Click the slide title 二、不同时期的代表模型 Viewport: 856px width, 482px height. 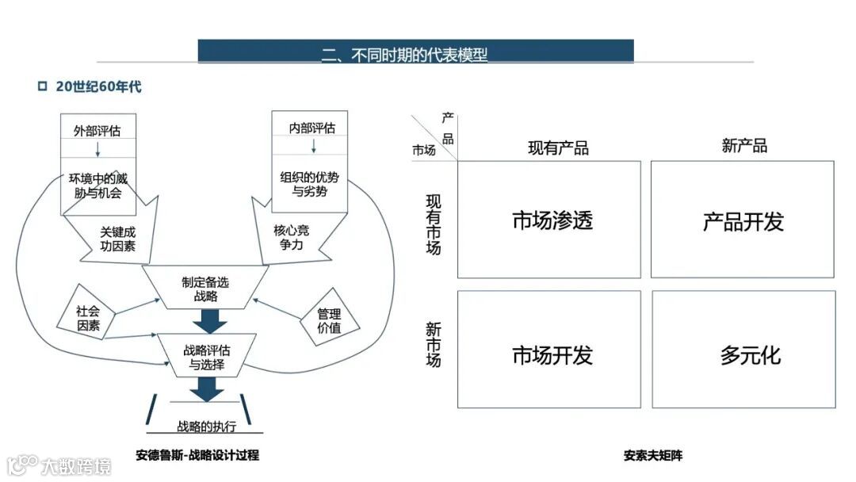[x=404, y=55]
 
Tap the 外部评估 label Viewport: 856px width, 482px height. [x=98, y=130]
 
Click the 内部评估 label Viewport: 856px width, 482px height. [x=314, y=127]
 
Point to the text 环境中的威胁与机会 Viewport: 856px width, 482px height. [x=98, y=186]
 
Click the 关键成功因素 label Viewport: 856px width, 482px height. [x=117, y=239]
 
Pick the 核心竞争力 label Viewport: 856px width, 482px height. [x=289, y=238]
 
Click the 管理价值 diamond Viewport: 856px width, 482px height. [x=328, y=320]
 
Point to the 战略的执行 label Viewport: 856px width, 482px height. [x=207, y=426]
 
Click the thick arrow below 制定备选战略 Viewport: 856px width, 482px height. [x=210, y=321]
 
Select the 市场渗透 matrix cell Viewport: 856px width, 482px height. [x=548, y=220]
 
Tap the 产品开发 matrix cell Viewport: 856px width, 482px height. [x=743, y=220]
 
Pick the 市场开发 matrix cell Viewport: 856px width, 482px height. [x=548, y=354]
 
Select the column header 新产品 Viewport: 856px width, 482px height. [x=744, y=146]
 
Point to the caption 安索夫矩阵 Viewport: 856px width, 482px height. [x=652, y=456]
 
